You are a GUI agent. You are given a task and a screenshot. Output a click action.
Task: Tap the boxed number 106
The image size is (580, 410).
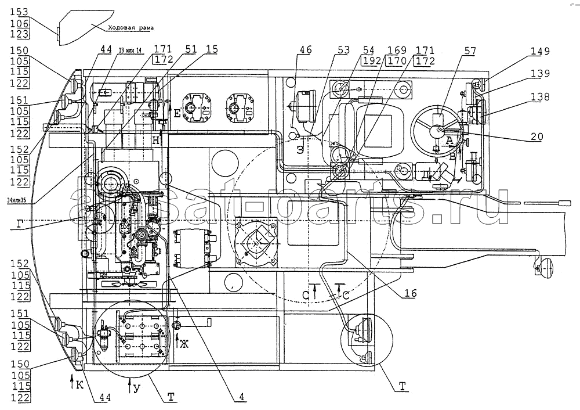19,24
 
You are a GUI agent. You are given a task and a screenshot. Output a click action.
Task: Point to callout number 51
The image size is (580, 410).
191,51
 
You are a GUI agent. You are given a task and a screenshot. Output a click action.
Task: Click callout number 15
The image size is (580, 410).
212,51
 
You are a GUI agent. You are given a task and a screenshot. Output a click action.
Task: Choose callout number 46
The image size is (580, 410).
305,51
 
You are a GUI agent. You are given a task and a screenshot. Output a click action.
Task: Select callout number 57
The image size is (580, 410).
469,51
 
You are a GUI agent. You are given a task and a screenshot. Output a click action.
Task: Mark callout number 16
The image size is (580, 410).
410,294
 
